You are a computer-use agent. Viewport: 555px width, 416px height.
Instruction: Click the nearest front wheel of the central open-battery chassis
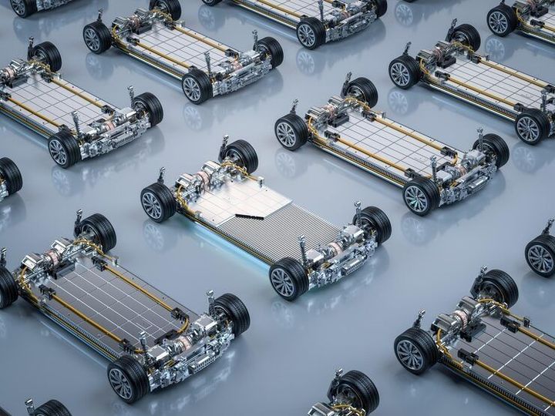[288, 278]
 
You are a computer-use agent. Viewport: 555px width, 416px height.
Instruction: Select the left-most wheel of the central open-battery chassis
[158, 202]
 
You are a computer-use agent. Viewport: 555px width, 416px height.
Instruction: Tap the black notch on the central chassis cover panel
[248, 216]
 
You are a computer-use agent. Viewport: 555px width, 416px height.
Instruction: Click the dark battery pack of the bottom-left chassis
[116, 297]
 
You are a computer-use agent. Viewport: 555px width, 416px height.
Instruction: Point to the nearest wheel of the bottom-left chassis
[128, 378]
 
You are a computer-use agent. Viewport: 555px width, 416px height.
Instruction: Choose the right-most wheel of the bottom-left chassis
[231, 313]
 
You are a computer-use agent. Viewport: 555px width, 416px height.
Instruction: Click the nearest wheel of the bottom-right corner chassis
[415, 351]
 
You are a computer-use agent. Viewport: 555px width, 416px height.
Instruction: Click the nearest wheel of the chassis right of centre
[420, 196]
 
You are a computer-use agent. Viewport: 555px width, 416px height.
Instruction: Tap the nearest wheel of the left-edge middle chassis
[64, 149]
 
